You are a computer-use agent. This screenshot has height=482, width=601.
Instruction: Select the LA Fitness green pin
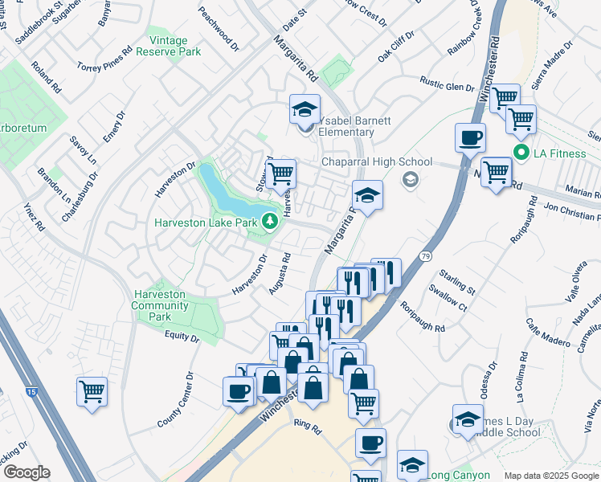click(x=521, y=150)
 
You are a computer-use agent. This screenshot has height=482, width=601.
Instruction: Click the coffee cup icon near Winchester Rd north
click(x=470, y=137)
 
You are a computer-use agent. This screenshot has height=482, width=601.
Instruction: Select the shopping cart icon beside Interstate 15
click(x=92, y=392)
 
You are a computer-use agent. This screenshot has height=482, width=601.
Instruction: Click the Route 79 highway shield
click(x=424, y=257)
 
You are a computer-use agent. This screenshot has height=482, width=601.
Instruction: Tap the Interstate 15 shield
click(x=31, y=391)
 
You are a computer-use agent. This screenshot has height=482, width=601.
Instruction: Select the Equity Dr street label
click(x=181, y=337)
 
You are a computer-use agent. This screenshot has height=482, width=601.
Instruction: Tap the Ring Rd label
click(x=307, y=427)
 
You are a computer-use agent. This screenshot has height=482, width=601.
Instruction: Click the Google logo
click(x=26, y=472)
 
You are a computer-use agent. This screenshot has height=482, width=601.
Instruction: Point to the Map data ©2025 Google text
click(x=551, y=476)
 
